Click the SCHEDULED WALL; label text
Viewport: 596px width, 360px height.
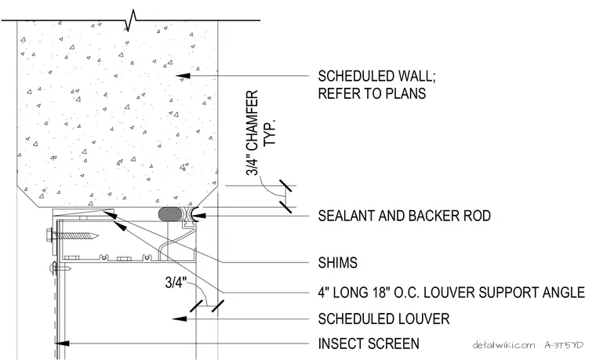[376, 76]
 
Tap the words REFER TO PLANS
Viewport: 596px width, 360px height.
[372, 93]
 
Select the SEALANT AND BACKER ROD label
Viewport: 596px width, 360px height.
[405, 216]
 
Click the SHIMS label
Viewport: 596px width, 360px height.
[337, 263]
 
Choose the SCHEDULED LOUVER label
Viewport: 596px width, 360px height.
[383, 318]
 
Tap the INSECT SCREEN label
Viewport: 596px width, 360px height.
[369, 344]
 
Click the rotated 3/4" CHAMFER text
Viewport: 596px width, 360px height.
[252, 133]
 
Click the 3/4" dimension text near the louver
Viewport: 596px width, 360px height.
[176, 282]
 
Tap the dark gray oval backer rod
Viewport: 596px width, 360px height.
[170, 213]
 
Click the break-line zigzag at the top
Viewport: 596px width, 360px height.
[130, 21]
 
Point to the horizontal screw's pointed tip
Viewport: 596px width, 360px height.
[97, 236]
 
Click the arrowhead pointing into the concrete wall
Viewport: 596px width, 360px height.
[183, 76]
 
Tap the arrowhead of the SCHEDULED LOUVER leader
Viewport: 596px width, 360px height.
[180, 318]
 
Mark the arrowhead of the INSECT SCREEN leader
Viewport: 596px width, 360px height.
[62, 344]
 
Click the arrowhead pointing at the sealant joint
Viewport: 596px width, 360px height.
[198, 216]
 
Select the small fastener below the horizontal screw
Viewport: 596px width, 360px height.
[61, 268]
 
